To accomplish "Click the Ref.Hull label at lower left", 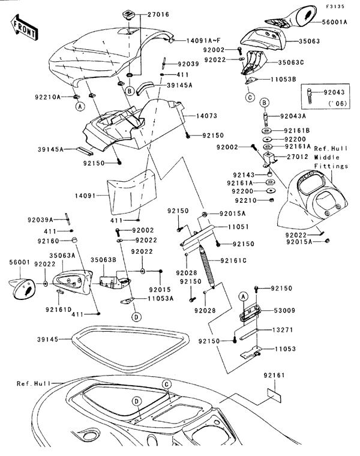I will click(x=31, y=383).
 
